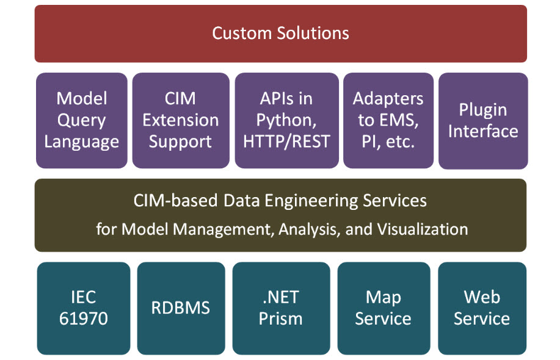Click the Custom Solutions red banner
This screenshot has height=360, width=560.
click(281, 34)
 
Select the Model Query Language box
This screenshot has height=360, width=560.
click(82, 121)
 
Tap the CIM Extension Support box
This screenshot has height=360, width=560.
click(181, 121)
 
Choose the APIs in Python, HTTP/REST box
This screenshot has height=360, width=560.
click(287, 121)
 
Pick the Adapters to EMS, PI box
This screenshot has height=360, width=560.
click(388, 121)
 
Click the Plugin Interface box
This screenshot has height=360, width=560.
click(483, 121)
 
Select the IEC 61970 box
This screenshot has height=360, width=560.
click(84, 308)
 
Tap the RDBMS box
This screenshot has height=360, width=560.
click(181, 308)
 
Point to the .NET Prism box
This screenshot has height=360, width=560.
click(281, 308)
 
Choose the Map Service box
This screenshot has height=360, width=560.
click(384, 308)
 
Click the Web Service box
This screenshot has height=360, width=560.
click(482, 308)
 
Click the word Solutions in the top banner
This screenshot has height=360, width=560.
click(313, 33)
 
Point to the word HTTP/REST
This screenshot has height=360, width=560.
click(287, 142)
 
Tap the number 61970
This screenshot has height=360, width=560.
click(84, 319)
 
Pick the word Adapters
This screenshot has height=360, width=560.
click(388, 99)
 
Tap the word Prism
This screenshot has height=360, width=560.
click(281, 319)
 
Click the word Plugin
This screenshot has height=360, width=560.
click(483, 110)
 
